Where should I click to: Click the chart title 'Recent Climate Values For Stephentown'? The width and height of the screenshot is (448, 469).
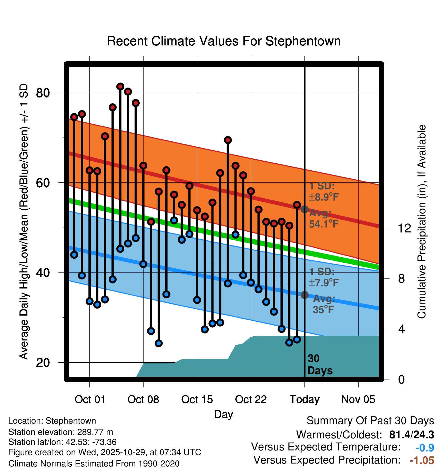(x=224, y=41)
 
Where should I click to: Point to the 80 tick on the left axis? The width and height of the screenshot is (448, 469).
(x=43, y=93)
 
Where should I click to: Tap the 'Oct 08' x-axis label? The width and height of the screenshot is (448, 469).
(x=143, y=399)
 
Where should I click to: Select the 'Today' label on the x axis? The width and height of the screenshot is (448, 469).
(x=304, y=399)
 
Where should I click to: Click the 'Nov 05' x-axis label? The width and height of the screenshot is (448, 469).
(x=358, y=399)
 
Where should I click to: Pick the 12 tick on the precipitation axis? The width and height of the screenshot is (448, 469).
(x=404, y=228)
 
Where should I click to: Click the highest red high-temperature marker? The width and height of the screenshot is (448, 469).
(x=120, y=87)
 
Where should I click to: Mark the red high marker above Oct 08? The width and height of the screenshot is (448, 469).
(x=143, y=165)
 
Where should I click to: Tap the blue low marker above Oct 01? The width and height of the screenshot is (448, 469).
(x=89, y=301)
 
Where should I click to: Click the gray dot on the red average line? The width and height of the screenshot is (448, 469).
(x=304, y=209)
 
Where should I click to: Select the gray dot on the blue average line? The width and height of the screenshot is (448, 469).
(x=304, y=295)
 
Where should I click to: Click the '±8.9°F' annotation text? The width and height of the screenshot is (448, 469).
(x=324, y=197)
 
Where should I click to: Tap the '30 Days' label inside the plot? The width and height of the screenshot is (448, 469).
(x=320, y=365)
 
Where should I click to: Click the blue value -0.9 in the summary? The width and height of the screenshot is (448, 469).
(x=425, y=448)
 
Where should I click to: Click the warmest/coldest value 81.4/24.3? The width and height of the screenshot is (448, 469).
(x=411, y=435)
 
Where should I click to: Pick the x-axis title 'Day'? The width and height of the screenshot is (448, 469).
(x=223, y=414)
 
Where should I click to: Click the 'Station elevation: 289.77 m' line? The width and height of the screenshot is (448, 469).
(x=61, y=432)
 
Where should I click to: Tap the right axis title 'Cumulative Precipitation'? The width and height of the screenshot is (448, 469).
(x=422, y=222)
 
